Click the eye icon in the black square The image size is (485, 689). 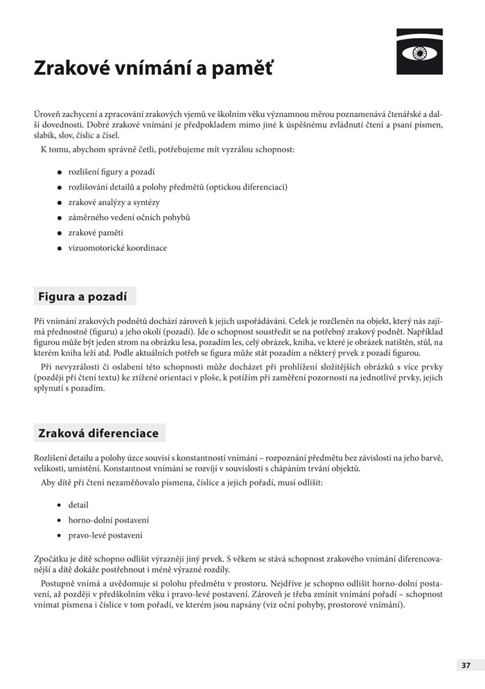click(x=418, y=51)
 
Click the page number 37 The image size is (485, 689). click(x=466, y=665)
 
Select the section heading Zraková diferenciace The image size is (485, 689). click(x=98, y=433)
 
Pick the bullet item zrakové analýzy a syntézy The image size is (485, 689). click(x=114, y=202)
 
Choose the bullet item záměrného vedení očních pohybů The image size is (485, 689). click(x=129, y=217)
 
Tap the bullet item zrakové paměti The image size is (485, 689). click(x=96, y=233)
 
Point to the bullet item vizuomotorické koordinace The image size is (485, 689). click(x=117, y=248)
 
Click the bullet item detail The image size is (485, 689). click(x=78, y=505)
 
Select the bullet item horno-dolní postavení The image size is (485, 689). click(x=109, y=520)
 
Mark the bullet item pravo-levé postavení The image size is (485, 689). click(x=105, y=535)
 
